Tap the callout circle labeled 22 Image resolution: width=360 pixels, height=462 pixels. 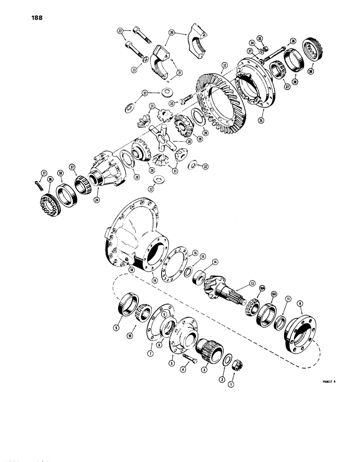[120, 31]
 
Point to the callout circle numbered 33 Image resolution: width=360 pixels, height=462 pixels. [174, 103]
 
